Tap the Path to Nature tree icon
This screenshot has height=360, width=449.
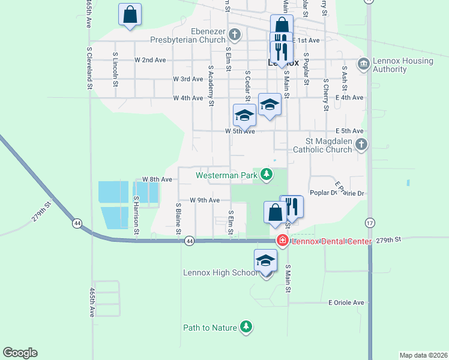pyautogui.click(x=246, y=327)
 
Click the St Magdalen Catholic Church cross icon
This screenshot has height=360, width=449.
pyautogui.click(x=361, y=144)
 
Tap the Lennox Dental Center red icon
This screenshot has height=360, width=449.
pyautogui.click(x=282, y=241)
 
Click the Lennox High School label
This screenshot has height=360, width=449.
pyautogui.click(x=220, y=273)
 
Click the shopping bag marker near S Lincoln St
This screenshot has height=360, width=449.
pyautogui.click(x=130, y=15)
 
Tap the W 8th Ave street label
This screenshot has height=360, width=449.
pyautogui.click(x=157, y=179)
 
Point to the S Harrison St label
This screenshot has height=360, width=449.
pyautogui.click(x=137, y=215)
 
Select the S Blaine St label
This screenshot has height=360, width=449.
pyautogui.click(x=178, y=218)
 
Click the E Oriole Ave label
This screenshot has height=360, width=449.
pyautogui.click(x=346, y=303)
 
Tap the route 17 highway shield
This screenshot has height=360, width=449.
pyautogui.click(x=370, y=223)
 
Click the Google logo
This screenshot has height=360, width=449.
pyautogui.click(x=20, y=353)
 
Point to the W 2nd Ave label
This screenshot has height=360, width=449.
pyautogui.click(x=150, y=60)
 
